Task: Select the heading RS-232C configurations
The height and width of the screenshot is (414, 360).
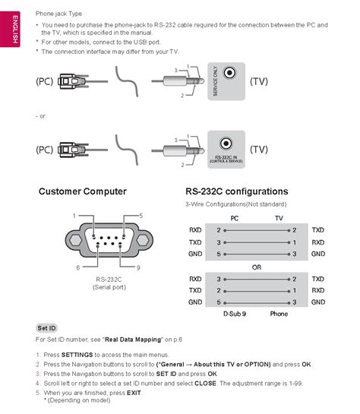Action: [236, 191]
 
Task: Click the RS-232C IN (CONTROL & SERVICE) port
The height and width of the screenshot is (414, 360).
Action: [225, 144]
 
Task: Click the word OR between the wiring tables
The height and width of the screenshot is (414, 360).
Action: [257, 267]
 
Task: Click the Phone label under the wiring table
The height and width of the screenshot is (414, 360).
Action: [279, 313]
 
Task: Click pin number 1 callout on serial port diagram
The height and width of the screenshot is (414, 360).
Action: [74, 216]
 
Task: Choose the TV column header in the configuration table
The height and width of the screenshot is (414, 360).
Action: [279, 216]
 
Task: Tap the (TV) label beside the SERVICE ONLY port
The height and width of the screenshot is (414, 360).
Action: [259, 80]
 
